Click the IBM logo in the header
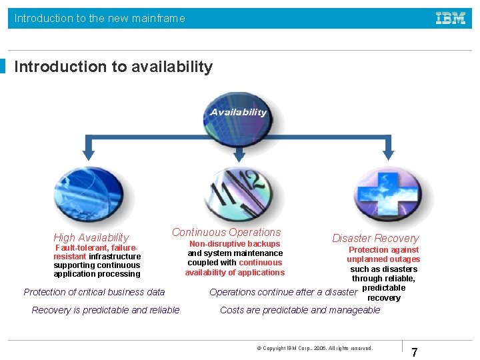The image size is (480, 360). [x=451, y=18]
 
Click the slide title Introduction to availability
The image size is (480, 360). [x=113, y=67]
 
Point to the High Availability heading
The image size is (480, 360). [x=91, y=238]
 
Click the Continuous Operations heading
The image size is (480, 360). [x=227, y=232]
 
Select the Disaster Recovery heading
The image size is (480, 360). [x=376, y=238]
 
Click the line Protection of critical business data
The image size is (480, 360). [x=94, y=292]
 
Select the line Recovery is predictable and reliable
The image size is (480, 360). [x=105, y=310]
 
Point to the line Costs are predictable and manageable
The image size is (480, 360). [x=300, y=310]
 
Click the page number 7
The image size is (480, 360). [x=414, y=353]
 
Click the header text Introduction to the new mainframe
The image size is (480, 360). [x=100, y=18]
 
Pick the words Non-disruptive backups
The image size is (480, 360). [x=235, y=244]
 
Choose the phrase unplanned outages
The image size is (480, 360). [x=383, y=259]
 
